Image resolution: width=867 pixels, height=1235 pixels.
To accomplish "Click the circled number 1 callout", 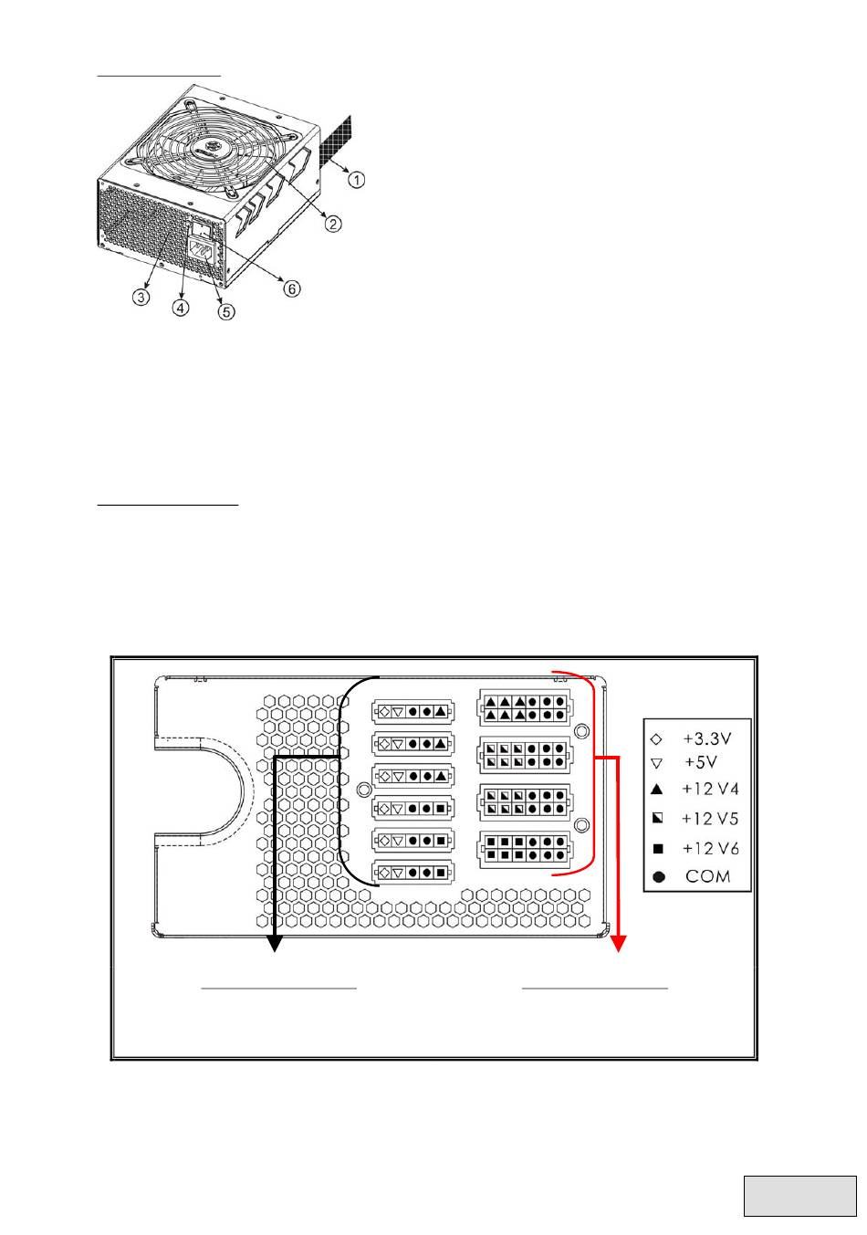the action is click(355, 180).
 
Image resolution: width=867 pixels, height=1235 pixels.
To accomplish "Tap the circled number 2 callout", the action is click(335, 223).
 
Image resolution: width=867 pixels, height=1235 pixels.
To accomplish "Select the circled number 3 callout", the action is click(141, 298).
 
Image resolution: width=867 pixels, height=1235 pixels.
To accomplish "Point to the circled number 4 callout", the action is click(182, 308).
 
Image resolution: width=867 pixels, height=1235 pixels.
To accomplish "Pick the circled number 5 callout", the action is click(225, 311).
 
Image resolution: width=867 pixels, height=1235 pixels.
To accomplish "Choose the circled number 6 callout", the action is click(290, 288).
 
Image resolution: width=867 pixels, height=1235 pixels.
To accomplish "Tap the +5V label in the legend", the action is click(701, 762).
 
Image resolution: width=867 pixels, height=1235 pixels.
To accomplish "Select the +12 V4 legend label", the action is click(710, 789).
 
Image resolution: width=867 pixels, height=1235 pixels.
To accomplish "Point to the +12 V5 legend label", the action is click(710, 819).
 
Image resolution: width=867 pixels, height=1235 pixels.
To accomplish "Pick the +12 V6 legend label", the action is click(710, 848).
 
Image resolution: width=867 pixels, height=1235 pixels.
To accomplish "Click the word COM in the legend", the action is click(708, 876).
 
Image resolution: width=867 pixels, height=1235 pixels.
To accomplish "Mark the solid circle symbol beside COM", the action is click(658, 877).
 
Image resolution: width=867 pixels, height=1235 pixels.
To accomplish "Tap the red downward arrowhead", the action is click(621, 943).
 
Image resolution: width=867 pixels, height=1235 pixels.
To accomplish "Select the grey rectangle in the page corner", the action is click(800, 1196).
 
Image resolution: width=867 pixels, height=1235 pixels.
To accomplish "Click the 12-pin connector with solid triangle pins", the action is click(525, 708).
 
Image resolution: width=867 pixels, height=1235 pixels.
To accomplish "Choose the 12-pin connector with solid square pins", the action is click(525, 848).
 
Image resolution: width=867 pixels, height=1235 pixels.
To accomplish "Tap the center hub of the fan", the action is click(212, 148).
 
